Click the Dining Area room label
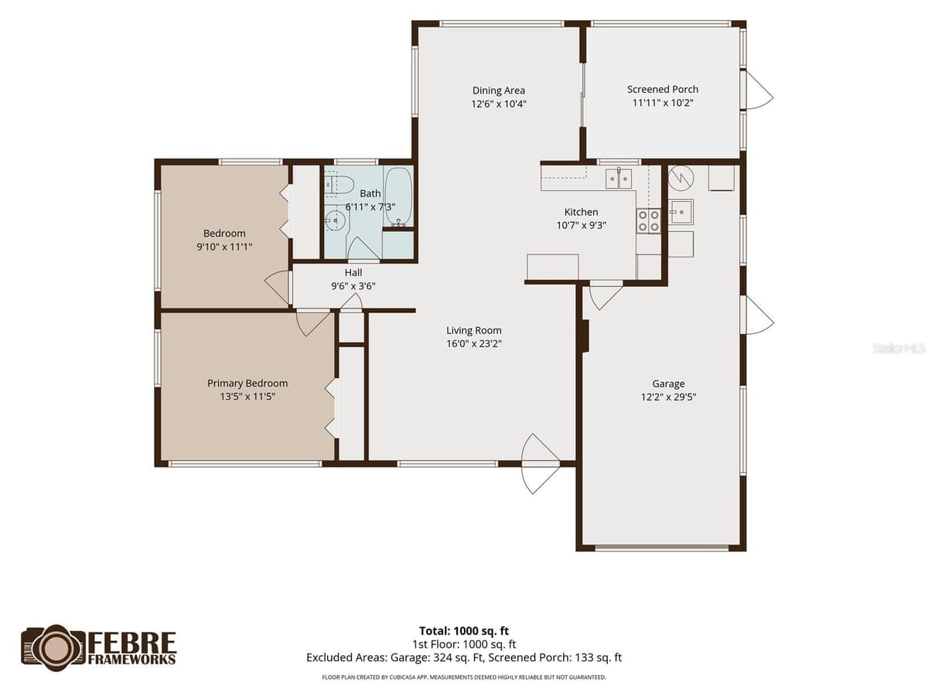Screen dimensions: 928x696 (x=499, y=90)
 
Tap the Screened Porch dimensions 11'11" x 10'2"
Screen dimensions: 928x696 (x=663, y=103)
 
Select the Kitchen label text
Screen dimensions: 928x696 (x=581, y=212)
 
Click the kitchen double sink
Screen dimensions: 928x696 (x=619, y=179)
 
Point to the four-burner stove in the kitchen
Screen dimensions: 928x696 (x=649, y=221)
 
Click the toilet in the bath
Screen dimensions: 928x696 (x=339, y=185)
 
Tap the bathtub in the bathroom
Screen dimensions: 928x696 (x=398, y=196)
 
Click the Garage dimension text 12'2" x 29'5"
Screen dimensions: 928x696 (x=668, y=397)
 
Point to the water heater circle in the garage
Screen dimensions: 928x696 (x=681, y=178)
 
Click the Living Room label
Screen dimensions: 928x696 (x=473, y=330)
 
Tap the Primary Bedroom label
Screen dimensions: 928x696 (x=247, y=384)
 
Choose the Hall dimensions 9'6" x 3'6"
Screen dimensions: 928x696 (x=353, y=286)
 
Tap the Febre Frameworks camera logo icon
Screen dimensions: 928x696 (x=53, y=647)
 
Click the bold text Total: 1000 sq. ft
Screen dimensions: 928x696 (x=464, y=631)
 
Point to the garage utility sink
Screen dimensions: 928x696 (x=681, y=211)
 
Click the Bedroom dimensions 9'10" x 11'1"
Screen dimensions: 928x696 (x=224, y=247)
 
